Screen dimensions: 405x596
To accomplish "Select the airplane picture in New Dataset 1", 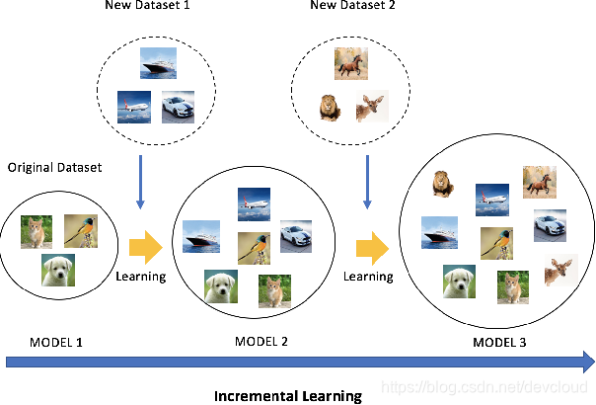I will click(x=133, y=106).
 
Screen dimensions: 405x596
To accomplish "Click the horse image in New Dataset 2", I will click(x=350, y=63).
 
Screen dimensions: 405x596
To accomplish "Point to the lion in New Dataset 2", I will click(x=329, y=107).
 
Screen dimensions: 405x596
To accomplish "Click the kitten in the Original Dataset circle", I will click(x=36, y=231).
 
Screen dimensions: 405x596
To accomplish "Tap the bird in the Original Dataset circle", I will click(x=81, y=230).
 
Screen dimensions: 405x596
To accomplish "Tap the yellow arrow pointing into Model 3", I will click(x=371, y=247).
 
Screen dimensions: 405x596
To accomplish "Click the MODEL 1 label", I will click(x=43, y=342).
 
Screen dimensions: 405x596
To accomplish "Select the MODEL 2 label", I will click(x=261, y=342).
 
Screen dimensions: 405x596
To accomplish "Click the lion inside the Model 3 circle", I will click(x=442, y=183).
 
